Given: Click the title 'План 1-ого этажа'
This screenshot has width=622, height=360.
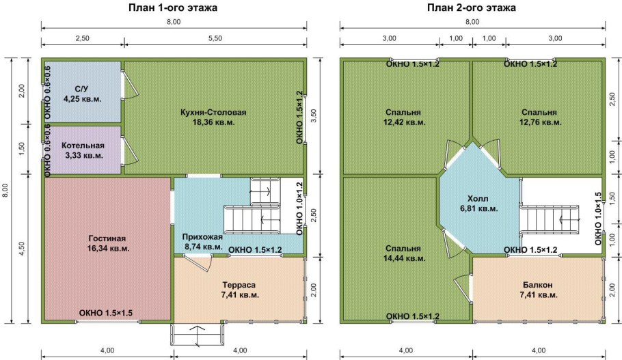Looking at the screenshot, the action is pyautogui.click(x=172, y=8).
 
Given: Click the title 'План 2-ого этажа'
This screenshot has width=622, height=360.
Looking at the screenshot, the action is pyautogui.click(x=471, y=8).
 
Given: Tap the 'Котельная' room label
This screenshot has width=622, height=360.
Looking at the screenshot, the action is pyautogui.click(x=83, y=146).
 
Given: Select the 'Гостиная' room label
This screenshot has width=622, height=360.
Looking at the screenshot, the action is pyautogui.click(x=107, y=238).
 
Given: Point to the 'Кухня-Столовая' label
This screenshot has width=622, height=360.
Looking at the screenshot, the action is pyautogui.click(x=213, y=112).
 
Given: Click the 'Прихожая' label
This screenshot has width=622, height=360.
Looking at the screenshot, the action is pyautogui.click(x=202, y=236).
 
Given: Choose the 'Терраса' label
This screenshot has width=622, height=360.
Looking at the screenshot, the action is pyautogui.click(x=239, y=285).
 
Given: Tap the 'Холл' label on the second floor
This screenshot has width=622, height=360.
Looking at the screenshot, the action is pyautogui.click(x=478, y=198).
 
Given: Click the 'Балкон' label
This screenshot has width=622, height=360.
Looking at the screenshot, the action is pyautogui.click(x=537, y=285).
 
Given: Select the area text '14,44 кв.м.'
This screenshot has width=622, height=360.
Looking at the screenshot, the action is pyautogui.click(x=404, y=258).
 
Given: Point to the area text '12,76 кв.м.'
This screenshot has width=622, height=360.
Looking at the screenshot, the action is pyautogui.click(x=540, y=122).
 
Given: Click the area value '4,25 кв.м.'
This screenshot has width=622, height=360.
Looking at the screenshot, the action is pyautogui.click(x=83, y=99).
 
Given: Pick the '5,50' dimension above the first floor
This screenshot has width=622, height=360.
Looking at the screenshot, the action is pyautogui.click(x=215, y=38).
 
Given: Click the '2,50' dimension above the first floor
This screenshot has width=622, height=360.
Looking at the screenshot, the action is pyautogui.click(x=83, y=38).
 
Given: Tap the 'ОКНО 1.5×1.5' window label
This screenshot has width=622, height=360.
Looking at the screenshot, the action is pyautogui.click(x=105, y=313).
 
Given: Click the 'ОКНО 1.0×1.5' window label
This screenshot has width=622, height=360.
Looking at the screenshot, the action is pyautogui.click(x=598, y=219).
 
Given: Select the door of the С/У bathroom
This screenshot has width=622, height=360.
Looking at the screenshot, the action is pyautogui.click(x=130, y=85).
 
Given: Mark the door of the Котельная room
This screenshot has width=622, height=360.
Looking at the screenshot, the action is pyautogui.click(x=130, y=151).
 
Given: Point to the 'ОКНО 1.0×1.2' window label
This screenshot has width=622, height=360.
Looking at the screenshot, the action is pyautogui.click(x=299, y=208).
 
